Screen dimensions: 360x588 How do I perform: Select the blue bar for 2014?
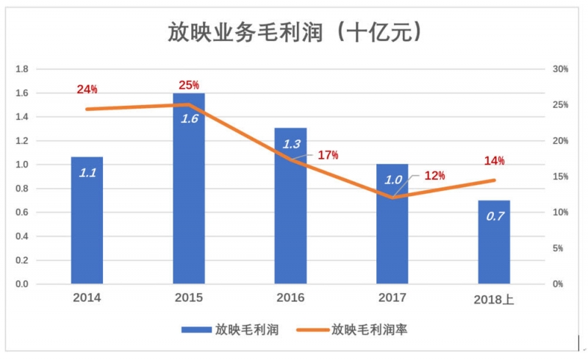pos(87,220)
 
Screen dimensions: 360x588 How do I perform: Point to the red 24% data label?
pos(87,90)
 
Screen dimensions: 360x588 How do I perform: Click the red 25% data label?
pos(189,84)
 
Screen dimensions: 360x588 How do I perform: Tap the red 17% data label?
pos(328,155)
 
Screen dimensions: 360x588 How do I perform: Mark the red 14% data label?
pos(494,161)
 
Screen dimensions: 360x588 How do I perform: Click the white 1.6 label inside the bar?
pos(189,118)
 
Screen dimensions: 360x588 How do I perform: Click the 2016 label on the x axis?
pos(290,298)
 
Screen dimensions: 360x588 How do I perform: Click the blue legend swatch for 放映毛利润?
pos(196,330)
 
